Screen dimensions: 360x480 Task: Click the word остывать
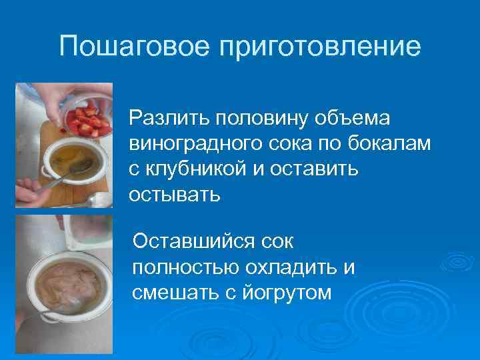click(174, 195)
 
